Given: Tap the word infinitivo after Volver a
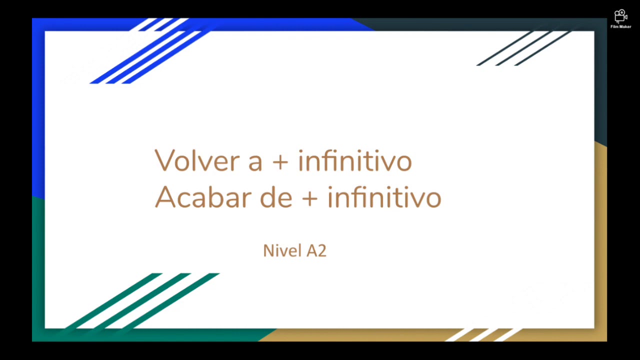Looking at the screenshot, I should [354, 160].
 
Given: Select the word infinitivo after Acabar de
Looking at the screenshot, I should [384, 197].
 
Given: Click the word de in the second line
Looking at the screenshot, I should [276, 197].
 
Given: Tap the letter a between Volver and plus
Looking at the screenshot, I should [255, 163].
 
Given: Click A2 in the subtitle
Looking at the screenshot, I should [316, 250].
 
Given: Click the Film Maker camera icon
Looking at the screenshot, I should [620, 16].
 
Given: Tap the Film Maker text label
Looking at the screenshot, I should [620, 27].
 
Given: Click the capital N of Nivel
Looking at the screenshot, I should [267, 250].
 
